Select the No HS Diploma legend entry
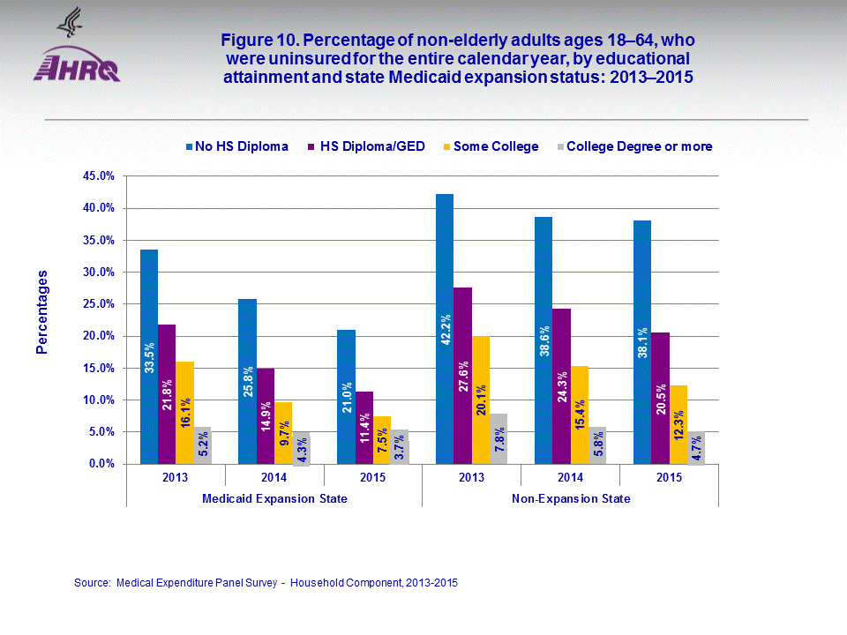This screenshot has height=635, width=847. [x=236, y=146]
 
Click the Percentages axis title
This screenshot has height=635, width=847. [x=41, y=312]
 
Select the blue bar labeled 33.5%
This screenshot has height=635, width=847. [x=149, y=356]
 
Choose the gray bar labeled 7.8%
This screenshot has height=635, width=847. [x=498, y=438]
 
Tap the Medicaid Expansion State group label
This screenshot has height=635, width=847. [x=274, y=498]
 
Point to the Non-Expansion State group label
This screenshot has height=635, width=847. [x=570, y=498]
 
